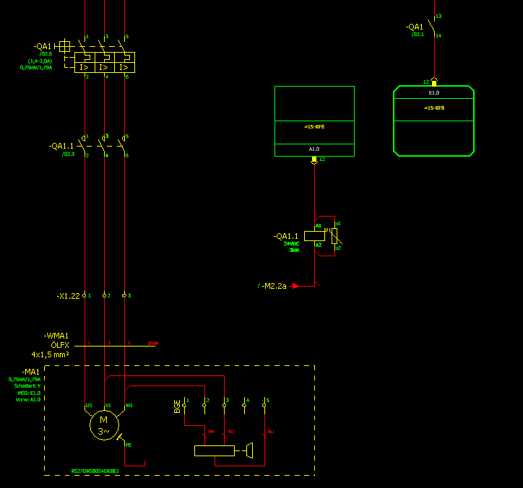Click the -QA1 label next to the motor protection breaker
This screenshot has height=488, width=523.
coord(43,47)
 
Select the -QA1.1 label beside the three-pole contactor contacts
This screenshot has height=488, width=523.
coord(61,146)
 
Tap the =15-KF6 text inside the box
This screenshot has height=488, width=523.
coord(314,126)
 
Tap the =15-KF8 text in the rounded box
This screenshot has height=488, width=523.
coord(434,108)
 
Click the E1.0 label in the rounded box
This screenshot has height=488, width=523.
coord(433,93)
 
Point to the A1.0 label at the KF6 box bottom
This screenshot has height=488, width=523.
coord(314,149)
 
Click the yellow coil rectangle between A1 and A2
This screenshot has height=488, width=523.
coord(314,235)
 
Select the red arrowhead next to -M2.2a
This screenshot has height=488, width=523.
coord(295,286)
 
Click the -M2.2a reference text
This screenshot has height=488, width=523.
coord(275,286)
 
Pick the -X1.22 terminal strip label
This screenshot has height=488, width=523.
coord(68,296)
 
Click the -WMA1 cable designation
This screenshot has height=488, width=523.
coord(56,336)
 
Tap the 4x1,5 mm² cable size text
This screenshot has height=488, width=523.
coord(50,354)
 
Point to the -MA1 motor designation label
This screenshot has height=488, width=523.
coord(31,372)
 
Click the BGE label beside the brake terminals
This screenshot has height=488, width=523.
coord(177,406)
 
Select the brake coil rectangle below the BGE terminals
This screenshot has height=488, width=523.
coord(215,451)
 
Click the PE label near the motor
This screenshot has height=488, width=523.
coord(129,445)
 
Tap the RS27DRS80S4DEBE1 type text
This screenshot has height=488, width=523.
coord(95,471)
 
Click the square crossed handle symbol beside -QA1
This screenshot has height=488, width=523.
coord(65,46)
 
